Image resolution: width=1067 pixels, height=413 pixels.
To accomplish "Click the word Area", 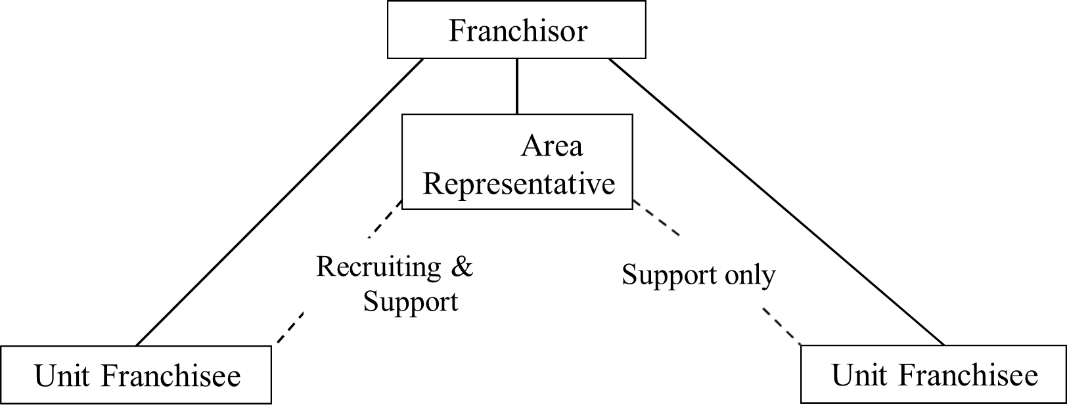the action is (551, 146).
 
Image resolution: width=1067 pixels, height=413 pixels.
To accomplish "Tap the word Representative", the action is (518, 184).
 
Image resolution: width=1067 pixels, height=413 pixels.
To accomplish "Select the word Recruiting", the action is (378, 267).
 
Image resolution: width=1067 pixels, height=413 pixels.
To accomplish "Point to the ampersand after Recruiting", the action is (462, 267).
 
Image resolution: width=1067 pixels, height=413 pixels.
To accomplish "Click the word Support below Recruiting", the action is (410, 301).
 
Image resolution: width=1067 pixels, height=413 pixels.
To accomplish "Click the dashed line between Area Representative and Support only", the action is (656, 219).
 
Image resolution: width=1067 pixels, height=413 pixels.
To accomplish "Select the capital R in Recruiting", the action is (326, 267).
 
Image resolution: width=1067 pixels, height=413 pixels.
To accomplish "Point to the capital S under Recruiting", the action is (370, 301).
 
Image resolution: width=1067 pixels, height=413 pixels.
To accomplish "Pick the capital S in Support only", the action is (629, 274).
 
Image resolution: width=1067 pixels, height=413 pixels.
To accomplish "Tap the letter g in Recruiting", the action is (432, 270).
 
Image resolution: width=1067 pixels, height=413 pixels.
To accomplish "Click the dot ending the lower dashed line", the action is (799, 343).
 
